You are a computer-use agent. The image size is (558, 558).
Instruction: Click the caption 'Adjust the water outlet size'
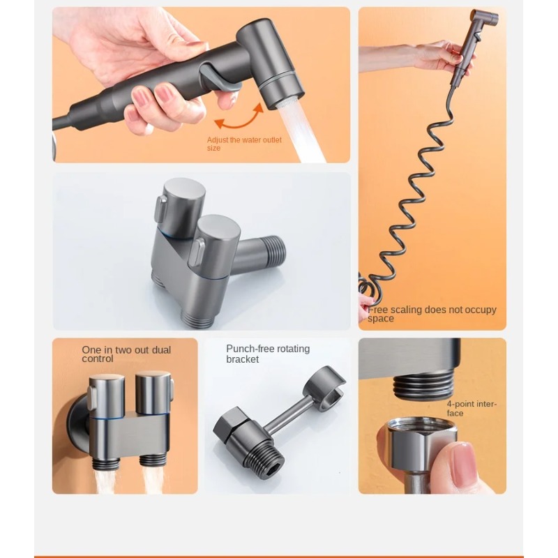click(x=244, y=144)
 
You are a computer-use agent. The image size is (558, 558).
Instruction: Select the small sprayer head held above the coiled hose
click(x=477, y=43)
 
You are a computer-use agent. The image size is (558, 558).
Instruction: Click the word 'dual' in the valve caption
click(x=161, y=350)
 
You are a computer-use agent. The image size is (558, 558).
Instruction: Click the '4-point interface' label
click(x=472, y=409)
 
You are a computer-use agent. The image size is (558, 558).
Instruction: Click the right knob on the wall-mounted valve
click(x=153, y=393)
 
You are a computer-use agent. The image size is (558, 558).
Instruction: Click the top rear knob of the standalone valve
click(x=181, y=206)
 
